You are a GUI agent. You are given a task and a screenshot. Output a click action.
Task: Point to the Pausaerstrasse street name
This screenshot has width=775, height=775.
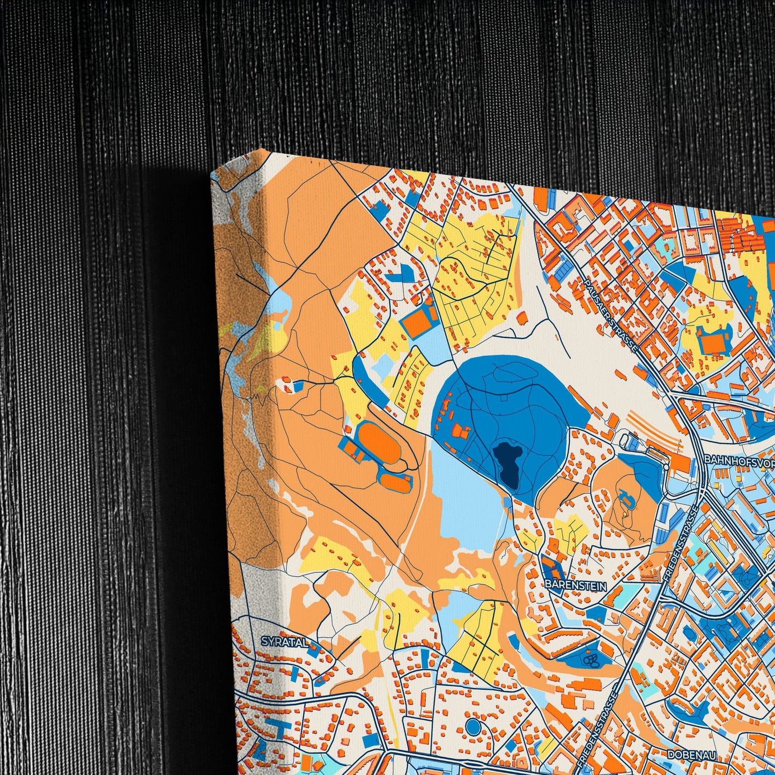click(x=611, y=315)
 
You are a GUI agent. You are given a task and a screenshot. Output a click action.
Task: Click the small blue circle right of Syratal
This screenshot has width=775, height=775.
click(x=473, y=727)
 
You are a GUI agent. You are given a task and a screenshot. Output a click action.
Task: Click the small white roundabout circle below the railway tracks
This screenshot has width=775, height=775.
click(x=666, y=467)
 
